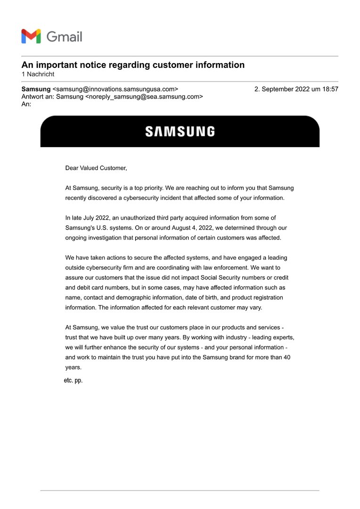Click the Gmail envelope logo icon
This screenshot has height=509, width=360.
pos(31,36)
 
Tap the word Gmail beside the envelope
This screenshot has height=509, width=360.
pos(64,37)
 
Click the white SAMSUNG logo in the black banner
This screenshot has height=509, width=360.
pos(180,131)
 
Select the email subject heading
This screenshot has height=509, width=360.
pos(133,65)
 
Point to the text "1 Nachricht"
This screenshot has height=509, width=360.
pos(38,74)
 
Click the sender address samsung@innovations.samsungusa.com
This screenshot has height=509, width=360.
pos(115,89)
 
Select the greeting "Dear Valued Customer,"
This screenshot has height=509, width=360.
pos(96,168)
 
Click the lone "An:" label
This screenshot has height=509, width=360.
pos(26,104)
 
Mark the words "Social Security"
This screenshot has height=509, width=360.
pos(226,278)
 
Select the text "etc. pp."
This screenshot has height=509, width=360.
pos(73,380)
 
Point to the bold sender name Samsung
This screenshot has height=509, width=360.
pos(36,89)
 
